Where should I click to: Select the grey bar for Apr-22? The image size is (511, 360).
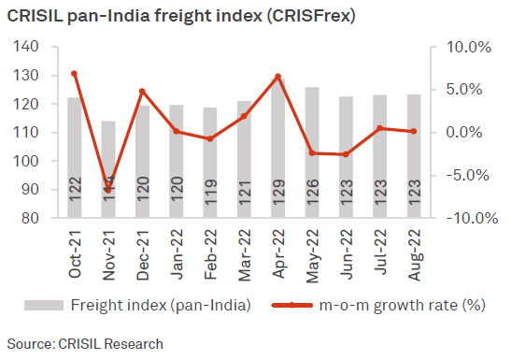point(277,150)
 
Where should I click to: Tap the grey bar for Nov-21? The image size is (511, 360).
point(108,168)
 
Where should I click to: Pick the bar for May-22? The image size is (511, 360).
point(311,154)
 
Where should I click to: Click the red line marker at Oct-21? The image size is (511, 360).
point(74,73)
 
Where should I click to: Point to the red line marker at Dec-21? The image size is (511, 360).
point(142,92)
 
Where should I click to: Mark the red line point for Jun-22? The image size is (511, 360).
point(346,154)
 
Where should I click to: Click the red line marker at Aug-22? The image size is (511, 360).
point(414,131)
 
